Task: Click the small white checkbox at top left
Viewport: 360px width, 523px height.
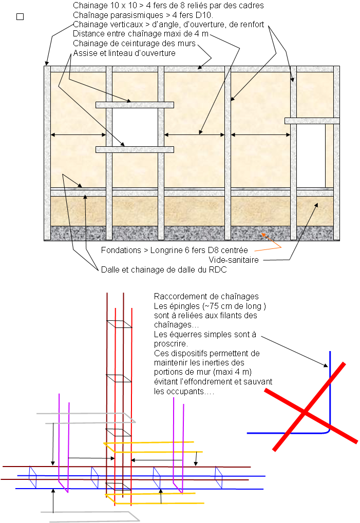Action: [20, 17]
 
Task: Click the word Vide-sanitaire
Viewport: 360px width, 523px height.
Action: [233, 260]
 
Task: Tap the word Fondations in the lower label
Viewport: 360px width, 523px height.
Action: [121, 250]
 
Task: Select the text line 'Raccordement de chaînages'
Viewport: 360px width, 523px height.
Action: [206, 297]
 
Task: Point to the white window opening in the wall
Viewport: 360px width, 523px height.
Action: [135, 127]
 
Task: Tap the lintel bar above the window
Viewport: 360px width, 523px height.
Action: [135, 105]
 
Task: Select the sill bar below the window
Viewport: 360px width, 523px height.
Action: [135, 149]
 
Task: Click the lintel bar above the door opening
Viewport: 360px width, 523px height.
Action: [312, 121]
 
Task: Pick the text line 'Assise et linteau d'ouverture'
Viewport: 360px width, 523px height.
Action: [124, 53]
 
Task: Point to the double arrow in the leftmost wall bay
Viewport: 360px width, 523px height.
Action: [78, 135]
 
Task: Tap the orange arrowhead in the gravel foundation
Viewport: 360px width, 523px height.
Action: [263, 235]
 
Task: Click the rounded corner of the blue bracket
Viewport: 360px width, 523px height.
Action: [328, 432]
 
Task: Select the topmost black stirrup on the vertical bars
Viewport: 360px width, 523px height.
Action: [119, 324]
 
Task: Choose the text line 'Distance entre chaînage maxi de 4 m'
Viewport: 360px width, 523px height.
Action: [141, 34]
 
